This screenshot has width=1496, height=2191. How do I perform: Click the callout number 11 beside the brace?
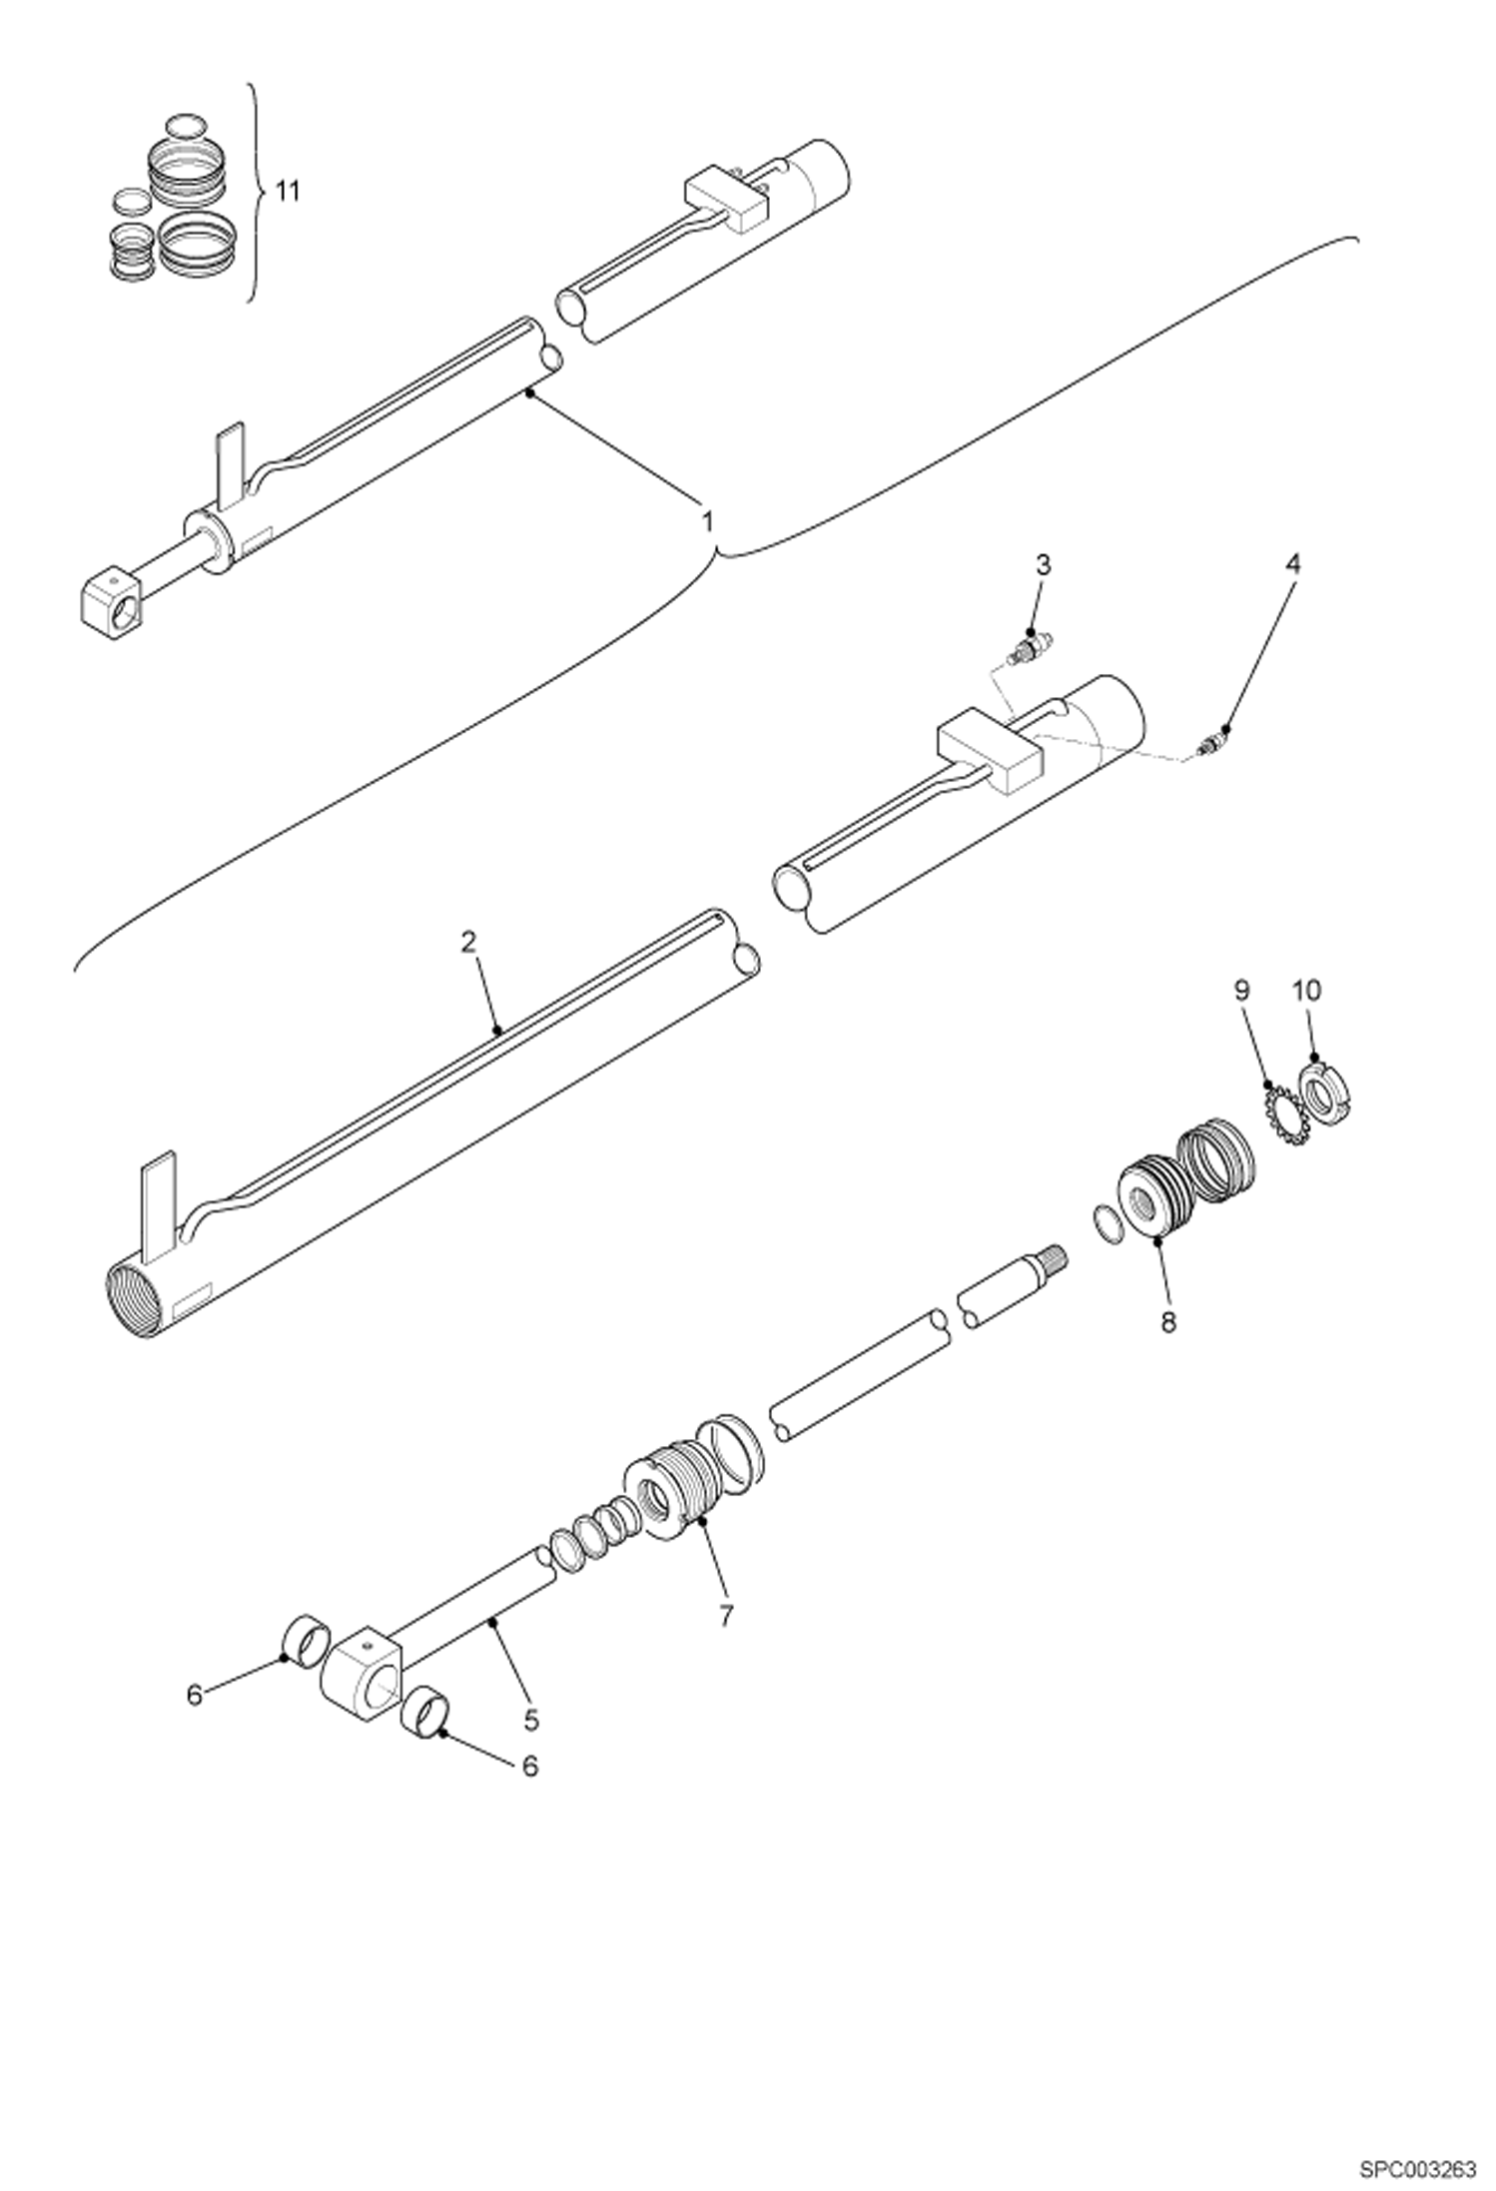click(288, 192)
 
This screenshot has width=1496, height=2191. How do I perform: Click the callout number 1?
click(707, 521)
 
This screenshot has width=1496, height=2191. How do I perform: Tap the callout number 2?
click(469, 942)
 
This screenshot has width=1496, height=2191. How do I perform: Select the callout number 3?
click(1043, 565)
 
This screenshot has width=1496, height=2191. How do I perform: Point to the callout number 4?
click(1292, 564)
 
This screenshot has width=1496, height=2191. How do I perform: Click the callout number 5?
click(530, 1720)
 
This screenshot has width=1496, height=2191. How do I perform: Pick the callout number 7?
click(725, 1615)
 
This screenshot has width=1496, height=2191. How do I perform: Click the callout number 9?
click(1242, 991)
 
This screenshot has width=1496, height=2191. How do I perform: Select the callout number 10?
click(1306, 991)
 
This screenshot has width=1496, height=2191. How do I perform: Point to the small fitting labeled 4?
click(1211, 744)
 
